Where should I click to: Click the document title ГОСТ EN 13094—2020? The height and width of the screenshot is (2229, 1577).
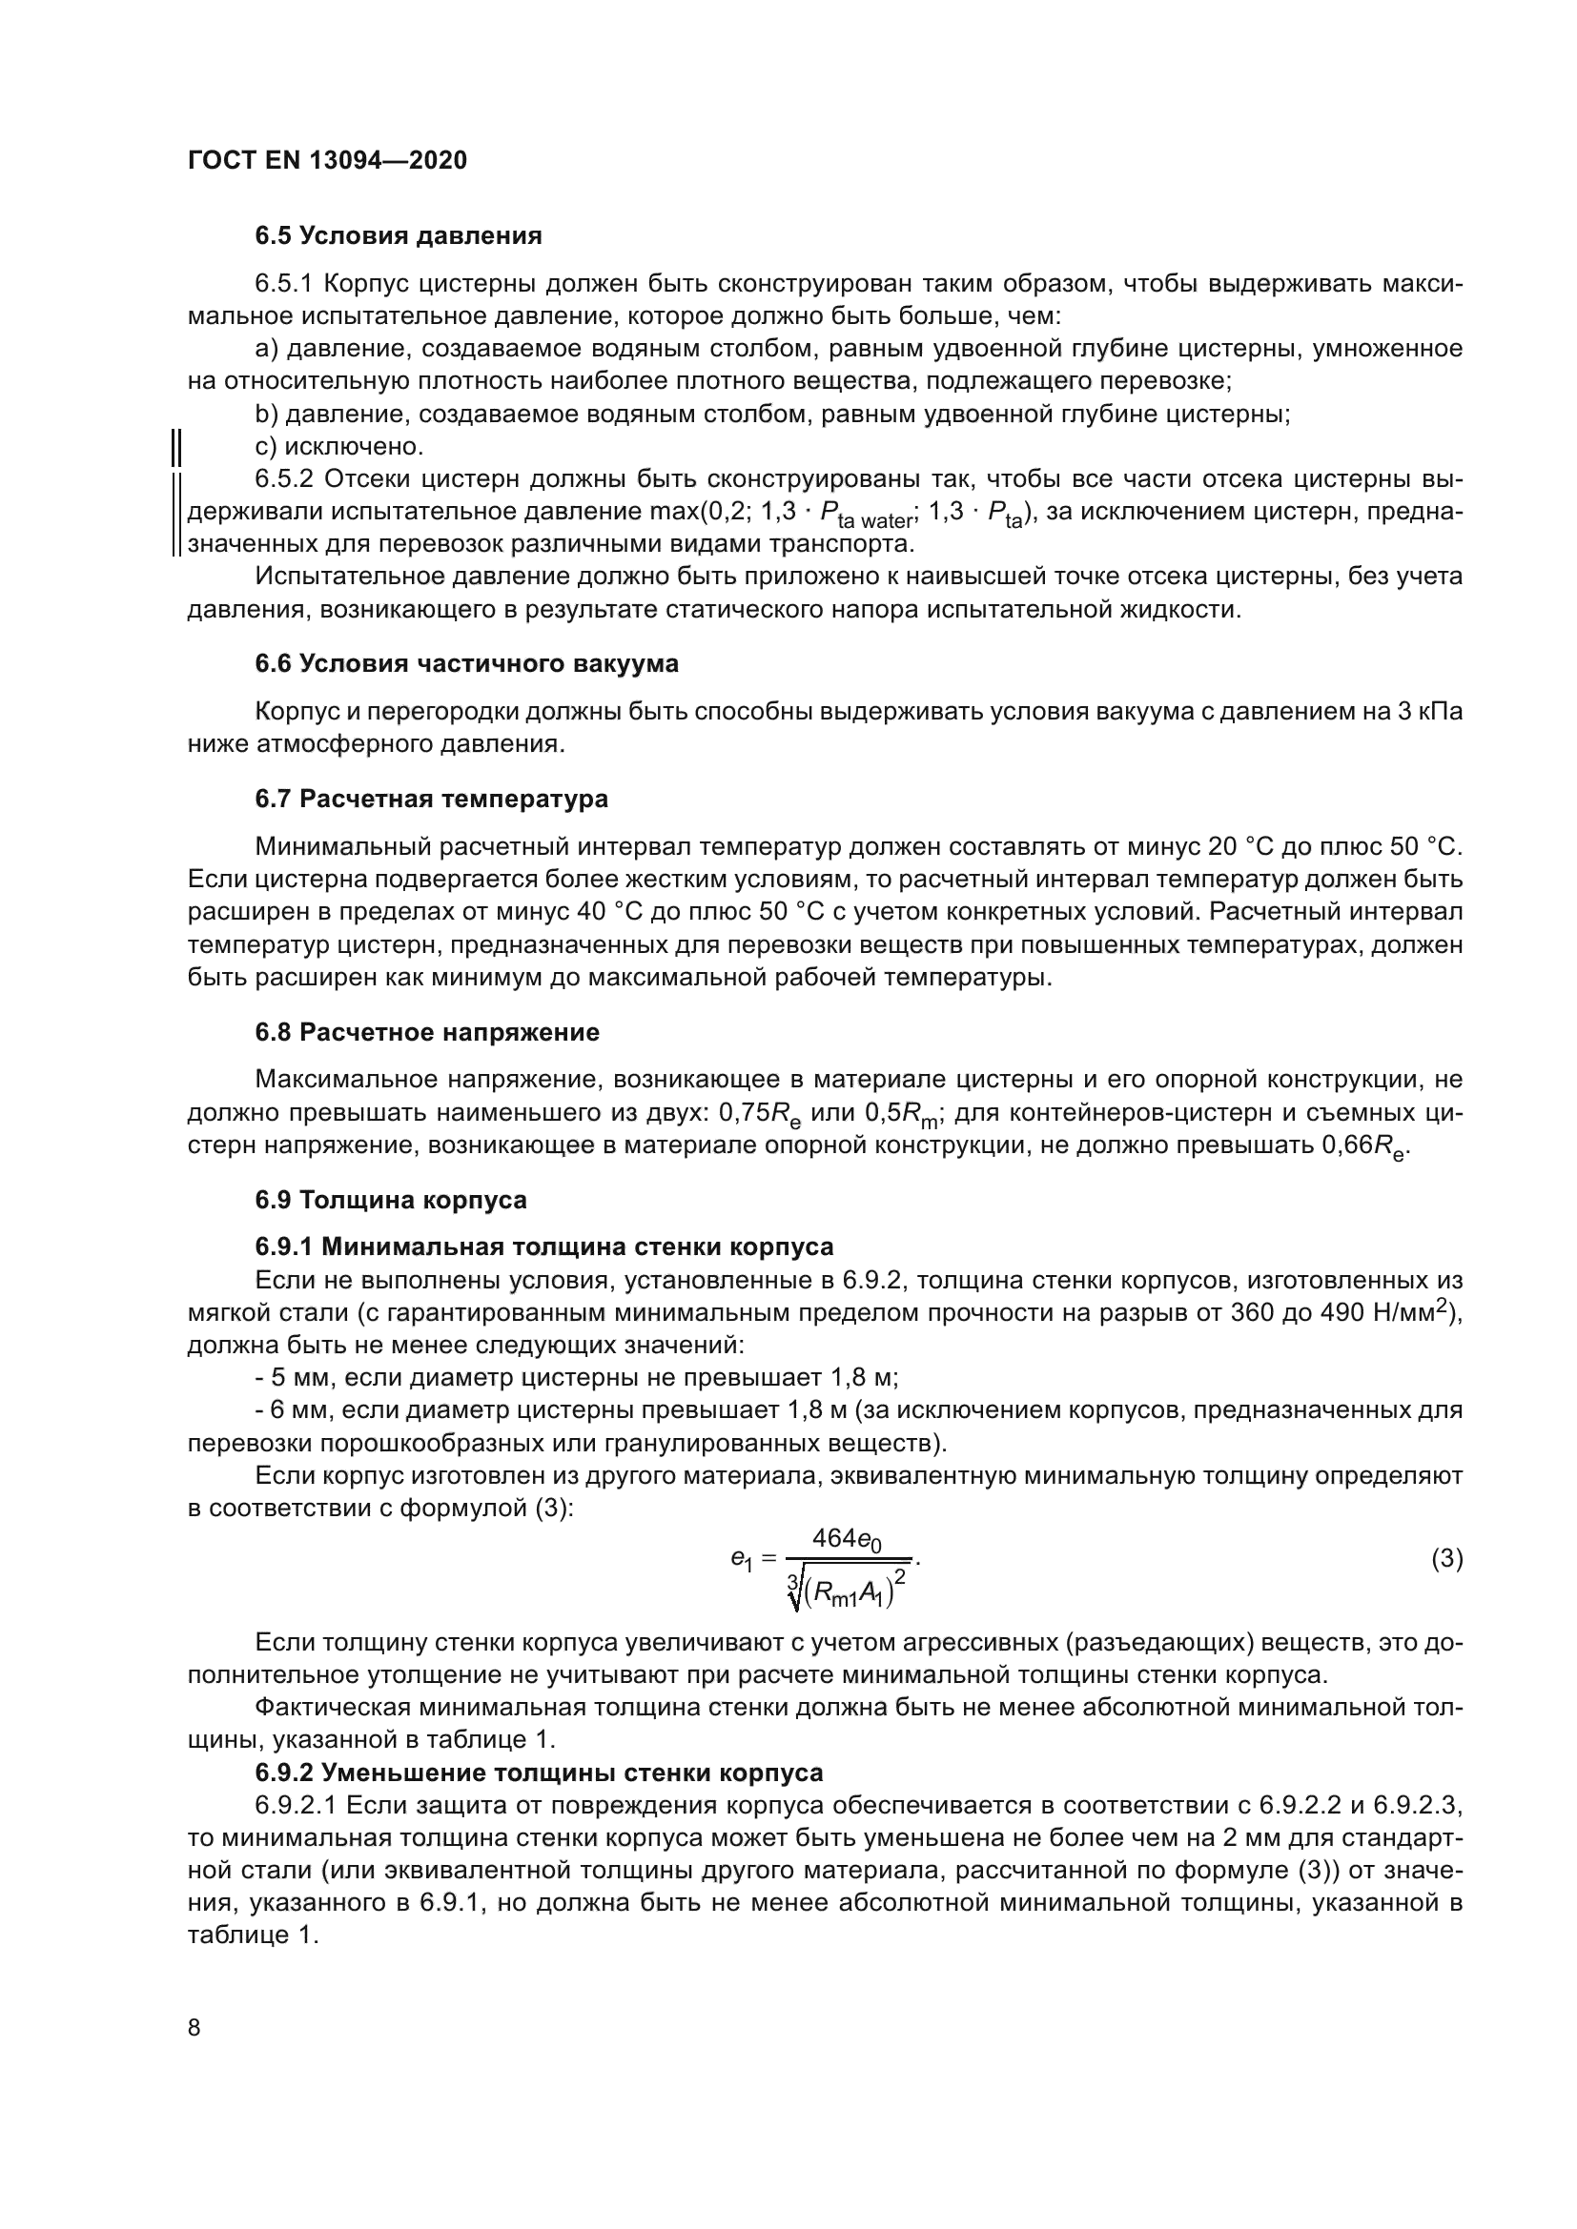point(327,160)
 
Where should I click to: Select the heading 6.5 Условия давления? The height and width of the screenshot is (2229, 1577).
point(399,236)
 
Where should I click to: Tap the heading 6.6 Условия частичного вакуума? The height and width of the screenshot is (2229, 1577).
point(467,664)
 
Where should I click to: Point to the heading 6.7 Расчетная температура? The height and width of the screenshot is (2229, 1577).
point(431,799)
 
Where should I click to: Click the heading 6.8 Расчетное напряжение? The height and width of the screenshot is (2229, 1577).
point(427,1032)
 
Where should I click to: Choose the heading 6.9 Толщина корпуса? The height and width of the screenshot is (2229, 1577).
point(390,1200)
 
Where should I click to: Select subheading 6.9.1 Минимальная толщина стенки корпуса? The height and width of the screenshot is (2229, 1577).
point(543,1246)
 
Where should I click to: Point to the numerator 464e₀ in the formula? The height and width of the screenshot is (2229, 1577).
point(847,1539)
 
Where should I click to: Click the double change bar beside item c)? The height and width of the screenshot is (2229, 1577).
point(177,448)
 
